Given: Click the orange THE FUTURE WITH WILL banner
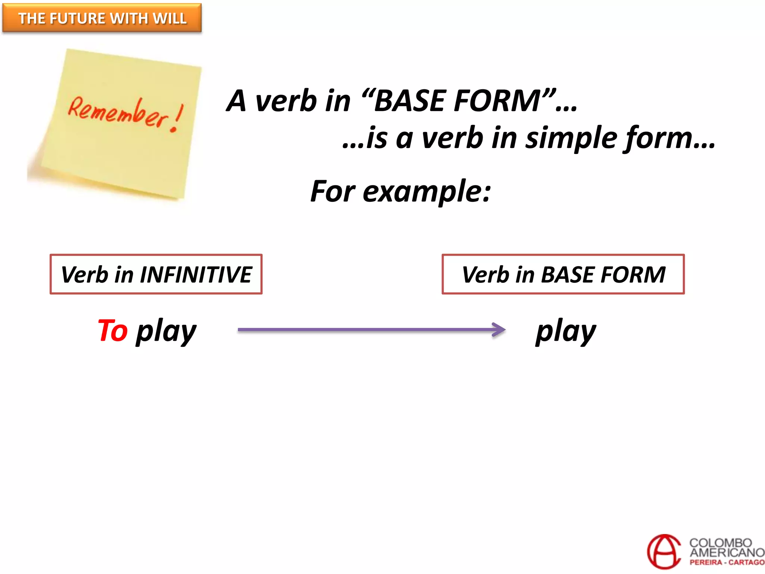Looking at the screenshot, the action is pyautogui.click(x=102, y=18).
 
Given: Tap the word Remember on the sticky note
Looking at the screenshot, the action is pyautogui.click(x=118, y=112).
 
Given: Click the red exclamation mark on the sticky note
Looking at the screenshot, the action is pyautogui.click(x=176, y=119).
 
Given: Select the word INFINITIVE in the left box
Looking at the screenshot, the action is pyautogui.click(x=196, y=275).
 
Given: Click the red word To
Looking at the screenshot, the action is pyautogui.click(x=112, y=331).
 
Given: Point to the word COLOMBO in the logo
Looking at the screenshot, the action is pyautogui.click(x=720, y=543).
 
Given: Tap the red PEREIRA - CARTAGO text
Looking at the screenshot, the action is pyautogui.click(x=727, y=562).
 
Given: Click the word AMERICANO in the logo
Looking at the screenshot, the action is pyautogui.click(x=727, y=552).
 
